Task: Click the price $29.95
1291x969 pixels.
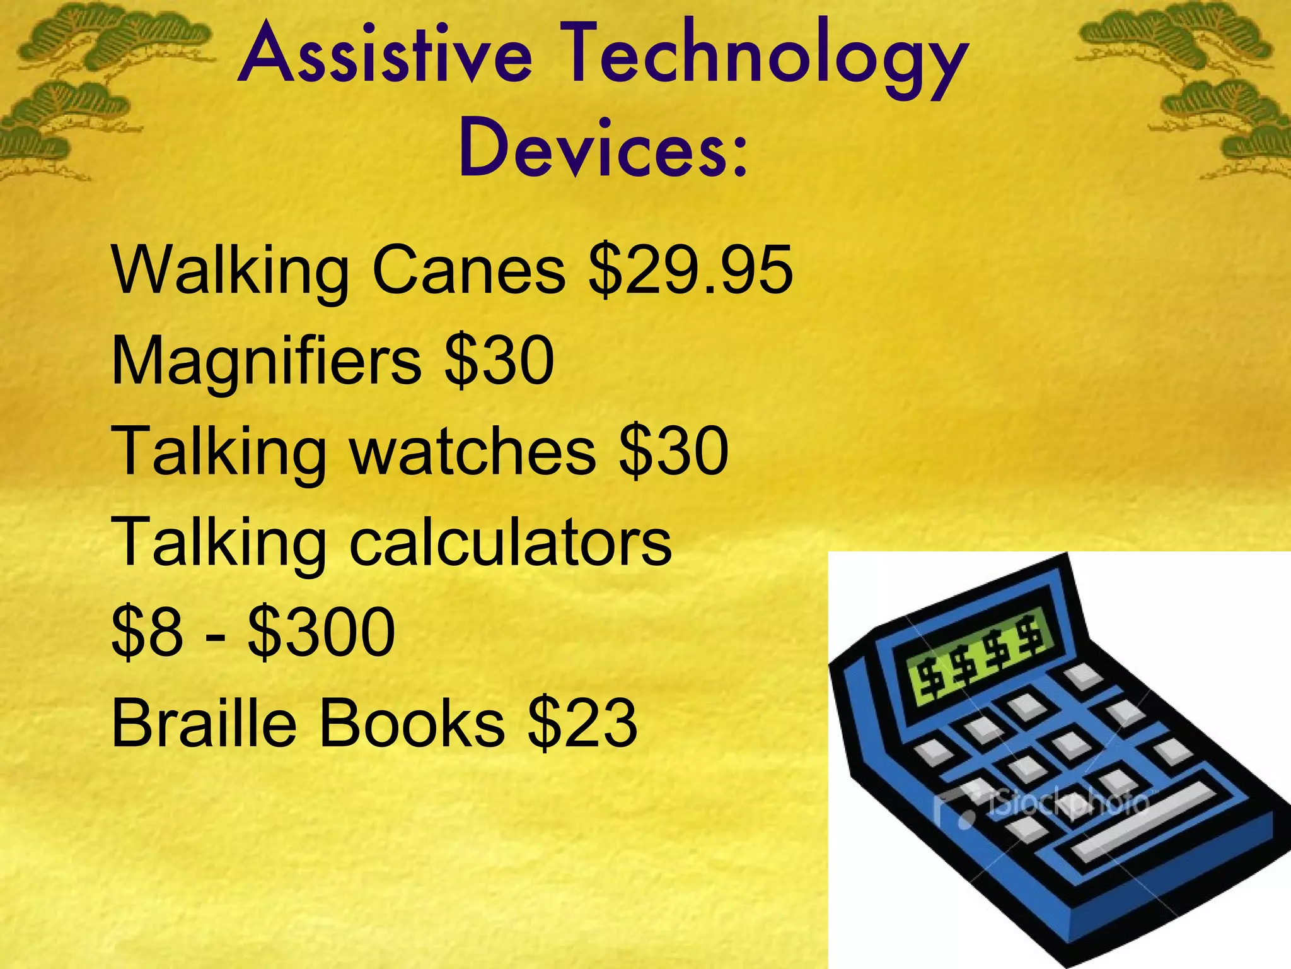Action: click(x=690, y=271)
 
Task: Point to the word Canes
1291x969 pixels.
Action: click(x=469, y=271)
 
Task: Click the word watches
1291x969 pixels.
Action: click(x=473, y=451)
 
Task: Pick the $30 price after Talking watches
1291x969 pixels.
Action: click(x=674, y=451)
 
